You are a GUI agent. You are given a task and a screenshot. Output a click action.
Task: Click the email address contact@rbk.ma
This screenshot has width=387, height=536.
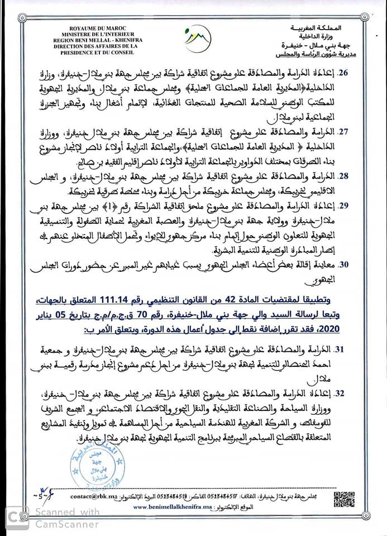click(x=92, y=496)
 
